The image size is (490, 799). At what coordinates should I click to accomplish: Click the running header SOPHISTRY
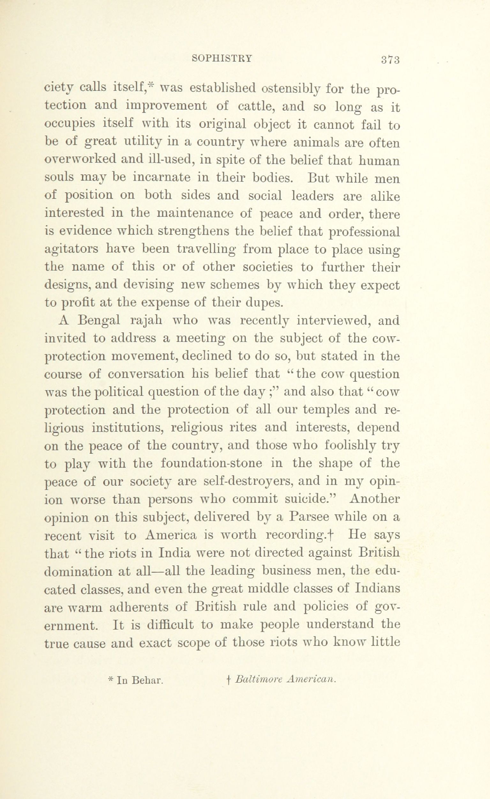pos(222,58)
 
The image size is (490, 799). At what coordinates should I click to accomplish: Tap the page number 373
pos(390,60)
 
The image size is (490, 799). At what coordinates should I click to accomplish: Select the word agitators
pos(71,249)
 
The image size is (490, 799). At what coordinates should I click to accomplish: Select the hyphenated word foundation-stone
pos(211,463)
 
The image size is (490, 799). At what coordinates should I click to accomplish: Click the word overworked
pos(80,160)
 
